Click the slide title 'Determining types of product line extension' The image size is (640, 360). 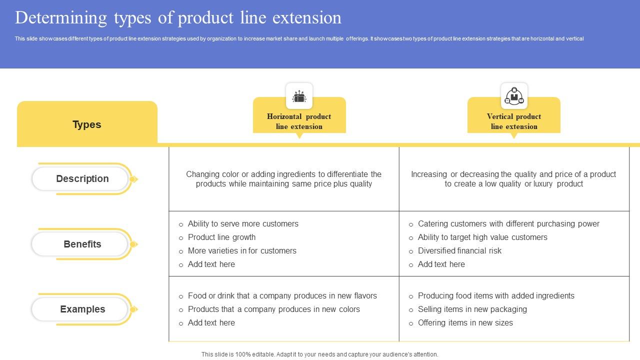(178, 18)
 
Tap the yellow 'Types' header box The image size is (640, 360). (87, 124)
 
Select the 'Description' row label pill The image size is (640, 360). (82, 178)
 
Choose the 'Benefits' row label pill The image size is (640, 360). (82, 244)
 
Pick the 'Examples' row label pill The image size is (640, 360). (82, 309)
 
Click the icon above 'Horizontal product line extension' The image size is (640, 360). (299, 96)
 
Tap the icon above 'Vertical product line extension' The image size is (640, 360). (514, 96)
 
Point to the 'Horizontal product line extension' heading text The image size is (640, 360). (299, 121)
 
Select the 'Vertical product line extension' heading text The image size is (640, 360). (514, 121)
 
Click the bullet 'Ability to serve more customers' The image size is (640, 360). (243, 224)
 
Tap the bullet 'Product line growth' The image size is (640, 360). (221, 237)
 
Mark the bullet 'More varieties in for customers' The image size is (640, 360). (242, 251)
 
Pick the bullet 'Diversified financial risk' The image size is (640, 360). (459, 251)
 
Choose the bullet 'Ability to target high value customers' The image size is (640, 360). (482, 237)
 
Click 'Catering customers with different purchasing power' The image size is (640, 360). (508, 224)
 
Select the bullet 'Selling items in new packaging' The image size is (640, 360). (472, 309)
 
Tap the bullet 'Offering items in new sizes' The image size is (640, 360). (465, 323)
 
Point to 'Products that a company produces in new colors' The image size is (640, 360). (273, 309)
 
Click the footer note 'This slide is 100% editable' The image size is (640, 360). (319, 354)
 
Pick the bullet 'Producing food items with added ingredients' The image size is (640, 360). (496, 296)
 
